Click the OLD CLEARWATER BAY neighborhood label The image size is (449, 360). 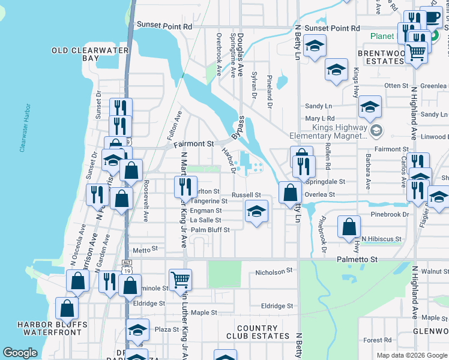[91, 55]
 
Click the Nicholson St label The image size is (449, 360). [274, 271]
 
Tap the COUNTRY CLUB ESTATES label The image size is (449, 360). [257, 332]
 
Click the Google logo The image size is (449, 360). [20, 352]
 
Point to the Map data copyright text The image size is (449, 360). [411, 355]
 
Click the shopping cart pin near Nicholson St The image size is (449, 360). [180, 279]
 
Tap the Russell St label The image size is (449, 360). [246, 195]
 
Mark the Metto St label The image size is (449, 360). [145, 248]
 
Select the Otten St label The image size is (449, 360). [396, 86]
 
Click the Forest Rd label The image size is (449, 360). [378, 340]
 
